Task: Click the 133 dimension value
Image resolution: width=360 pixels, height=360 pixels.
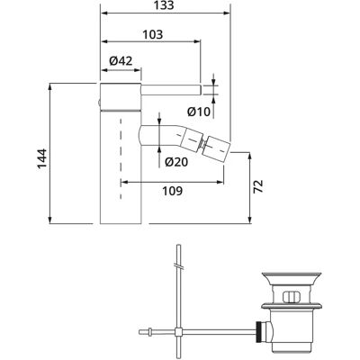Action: [165, 5]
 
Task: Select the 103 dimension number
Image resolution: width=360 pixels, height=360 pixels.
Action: [152, 34]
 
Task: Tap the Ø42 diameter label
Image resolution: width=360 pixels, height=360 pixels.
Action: [121, 61]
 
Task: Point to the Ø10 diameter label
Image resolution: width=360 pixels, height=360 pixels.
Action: [199, 112]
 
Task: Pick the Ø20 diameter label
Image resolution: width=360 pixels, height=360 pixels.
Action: [176, 162]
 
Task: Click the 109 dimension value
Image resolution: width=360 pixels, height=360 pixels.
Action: [172, 191]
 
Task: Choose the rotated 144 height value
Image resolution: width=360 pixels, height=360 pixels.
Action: [42, 159]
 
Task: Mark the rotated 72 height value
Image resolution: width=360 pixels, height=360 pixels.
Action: [258, 186]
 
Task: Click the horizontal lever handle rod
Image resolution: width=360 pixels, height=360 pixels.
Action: [170, 90]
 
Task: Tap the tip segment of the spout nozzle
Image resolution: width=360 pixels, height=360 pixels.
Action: [218, 149]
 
